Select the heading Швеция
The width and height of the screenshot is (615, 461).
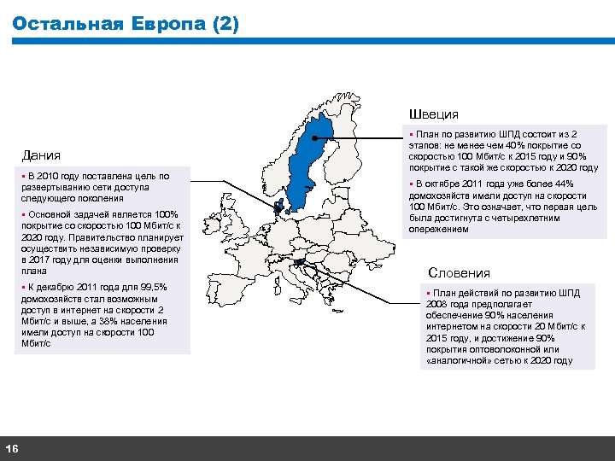click(x=434, y=114)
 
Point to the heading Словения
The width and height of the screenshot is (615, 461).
click(x=460, y=273)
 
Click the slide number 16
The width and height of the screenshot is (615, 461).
click(x=13, y=449)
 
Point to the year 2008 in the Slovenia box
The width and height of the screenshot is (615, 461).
click(x=440, y=304)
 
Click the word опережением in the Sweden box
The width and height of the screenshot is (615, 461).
click(x=440, y=229)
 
